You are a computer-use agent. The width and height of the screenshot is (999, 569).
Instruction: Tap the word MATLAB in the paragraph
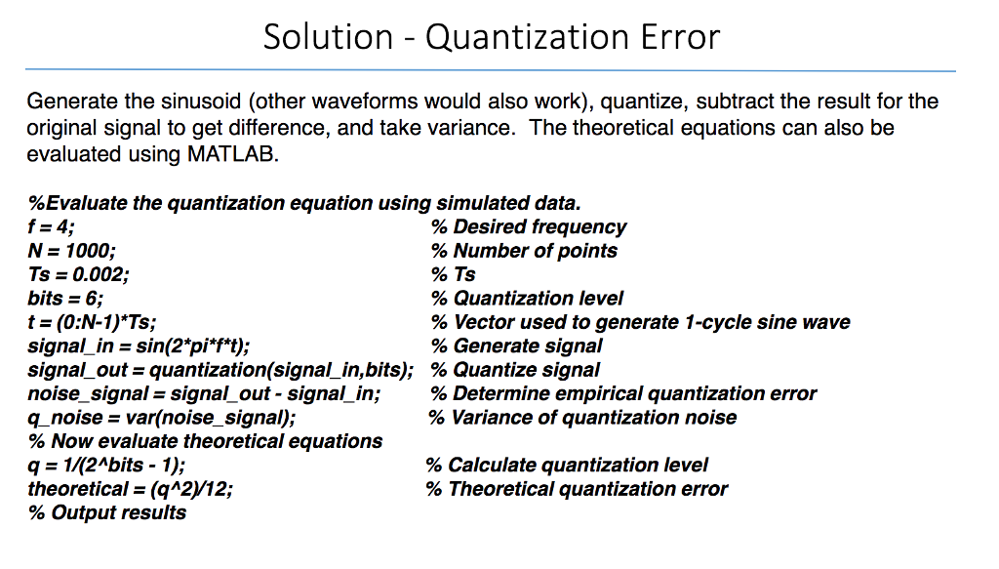point(233,154)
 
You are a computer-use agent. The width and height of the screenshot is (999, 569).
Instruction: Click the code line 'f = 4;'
point(51,226)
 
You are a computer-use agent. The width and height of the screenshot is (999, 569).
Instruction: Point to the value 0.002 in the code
point(100,274)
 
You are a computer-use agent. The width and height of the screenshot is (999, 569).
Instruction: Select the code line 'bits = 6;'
point(65,299)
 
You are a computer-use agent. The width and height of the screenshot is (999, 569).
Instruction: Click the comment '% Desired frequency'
point(529,227)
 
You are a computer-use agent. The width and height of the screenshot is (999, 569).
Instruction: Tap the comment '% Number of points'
point(524,251)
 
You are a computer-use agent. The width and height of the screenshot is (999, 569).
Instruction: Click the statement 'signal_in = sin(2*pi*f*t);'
point(139,346)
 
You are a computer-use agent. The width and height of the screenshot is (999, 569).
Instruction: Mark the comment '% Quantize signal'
point(515,370)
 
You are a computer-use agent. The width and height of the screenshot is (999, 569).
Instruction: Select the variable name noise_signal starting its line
point(88,394)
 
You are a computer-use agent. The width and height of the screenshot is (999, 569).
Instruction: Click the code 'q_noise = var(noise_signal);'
point(162,418)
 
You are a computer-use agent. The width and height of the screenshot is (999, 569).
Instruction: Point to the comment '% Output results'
point(107,513)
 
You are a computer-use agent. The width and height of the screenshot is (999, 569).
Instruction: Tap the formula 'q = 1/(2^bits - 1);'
point(106,466)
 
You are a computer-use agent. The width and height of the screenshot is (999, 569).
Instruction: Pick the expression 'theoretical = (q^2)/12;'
point(131,489)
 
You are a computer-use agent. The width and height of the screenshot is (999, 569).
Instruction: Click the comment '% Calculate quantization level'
point(567,466)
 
